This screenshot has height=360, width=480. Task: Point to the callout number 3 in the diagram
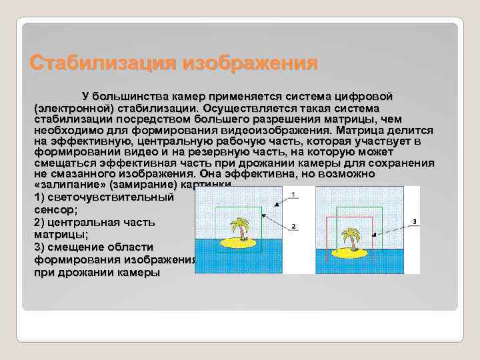[414, 221]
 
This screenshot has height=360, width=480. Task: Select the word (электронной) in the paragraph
[69, 108]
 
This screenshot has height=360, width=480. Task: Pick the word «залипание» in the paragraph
[65, 184]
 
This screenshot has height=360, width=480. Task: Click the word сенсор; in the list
[53, 209]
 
